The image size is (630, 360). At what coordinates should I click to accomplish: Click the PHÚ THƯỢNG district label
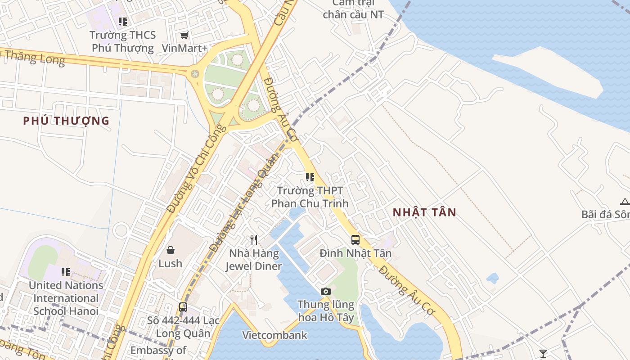66,121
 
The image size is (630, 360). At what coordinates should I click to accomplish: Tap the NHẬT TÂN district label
424,212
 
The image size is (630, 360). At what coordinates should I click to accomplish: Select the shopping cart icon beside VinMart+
184,35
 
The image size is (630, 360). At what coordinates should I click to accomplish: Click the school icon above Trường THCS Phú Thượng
123,21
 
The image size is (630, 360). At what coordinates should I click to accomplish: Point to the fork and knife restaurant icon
254,239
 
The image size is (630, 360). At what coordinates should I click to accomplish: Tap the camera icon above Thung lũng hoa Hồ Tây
326,291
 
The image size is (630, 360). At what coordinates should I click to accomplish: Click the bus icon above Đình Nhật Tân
355,239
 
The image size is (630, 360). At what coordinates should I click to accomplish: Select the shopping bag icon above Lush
171,250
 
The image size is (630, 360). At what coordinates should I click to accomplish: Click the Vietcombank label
274,335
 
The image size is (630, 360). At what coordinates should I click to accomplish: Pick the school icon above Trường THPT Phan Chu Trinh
310,177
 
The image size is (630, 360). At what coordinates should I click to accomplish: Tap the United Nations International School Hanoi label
66,298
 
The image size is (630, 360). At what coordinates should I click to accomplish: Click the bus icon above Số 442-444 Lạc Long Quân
183,307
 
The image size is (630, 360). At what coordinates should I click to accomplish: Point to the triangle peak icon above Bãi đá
625,201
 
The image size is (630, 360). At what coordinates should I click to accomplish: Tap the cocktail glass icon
543,353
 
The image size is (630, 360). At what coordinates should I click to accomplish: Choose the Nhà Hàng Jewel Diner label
253,260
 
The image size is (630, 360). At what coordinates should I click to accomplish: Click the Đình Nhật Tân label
355,253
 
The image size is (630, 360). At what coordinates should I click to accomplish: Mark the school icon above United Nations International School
66,272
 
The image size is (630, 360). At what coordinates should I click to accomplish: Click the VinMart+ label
184,48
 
